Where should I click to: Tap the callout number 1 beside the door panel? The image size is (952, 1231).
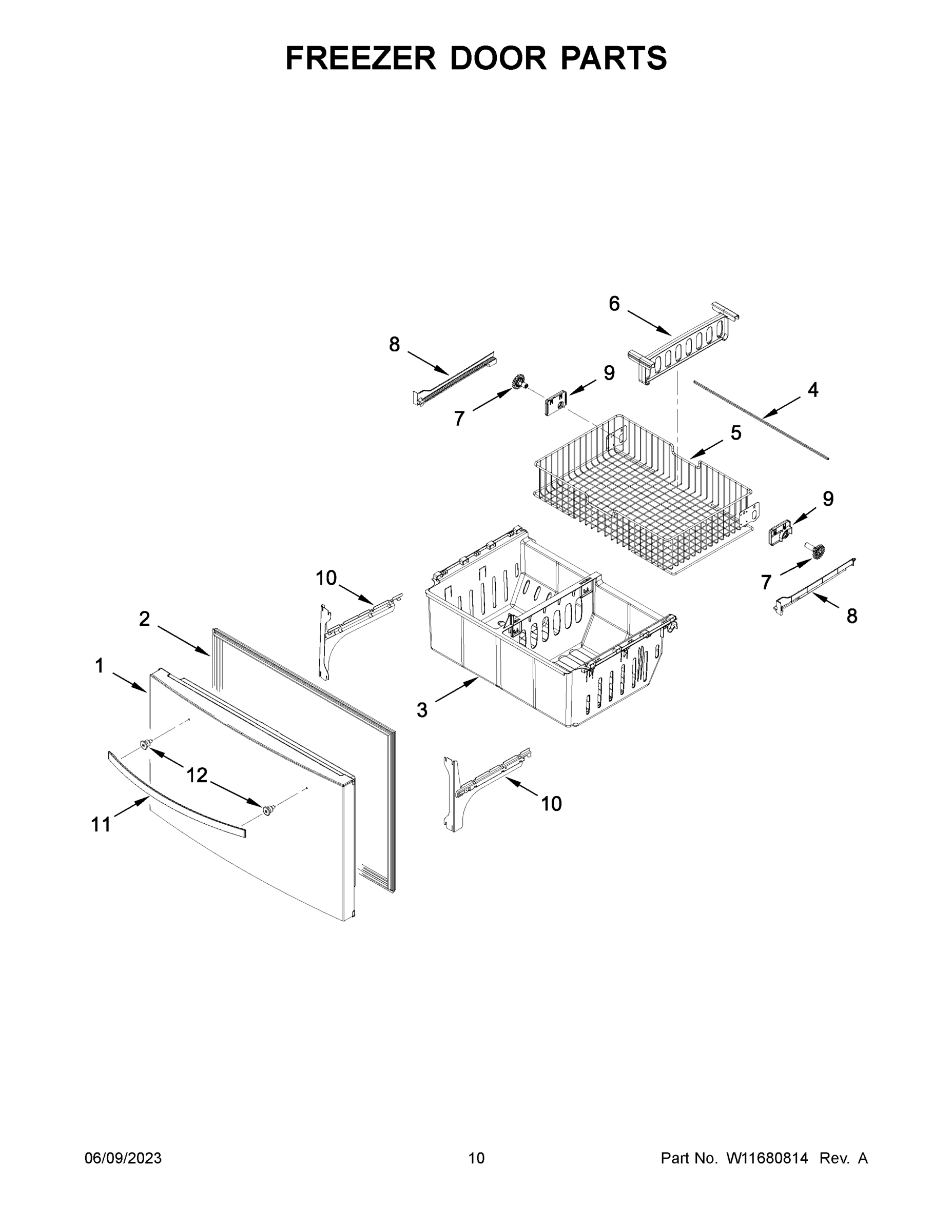point(99,666)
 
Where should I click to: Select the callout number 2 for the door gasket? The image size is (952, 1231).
point(144,619)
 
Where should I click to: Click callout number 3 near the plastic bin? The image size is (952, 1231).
point(422,710)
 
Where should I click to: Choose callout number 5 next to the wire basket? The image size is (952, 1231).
point(736,433)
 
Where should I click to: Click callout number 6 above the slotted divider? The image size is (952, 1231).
point(614,304)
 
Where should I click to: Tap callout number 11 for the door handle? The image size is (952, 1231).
point(101,825)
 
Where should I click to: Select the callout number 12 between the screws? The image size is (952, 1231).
point(197,776)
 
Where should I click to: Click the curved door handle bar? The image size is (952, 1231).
point(175,793)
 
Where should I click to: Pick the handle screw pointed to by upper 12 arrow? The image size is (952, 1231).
point(146,745)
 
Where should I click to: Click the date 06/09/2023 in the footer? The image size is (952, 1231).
point(123,1158)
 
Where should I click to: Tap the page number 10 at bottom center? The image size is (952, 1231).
point(476,1158)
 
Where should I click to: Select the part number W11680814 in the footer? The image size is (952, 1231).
point(767,1158)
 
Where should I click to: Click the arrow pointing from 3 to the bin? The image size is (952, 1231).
point(457,691)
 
